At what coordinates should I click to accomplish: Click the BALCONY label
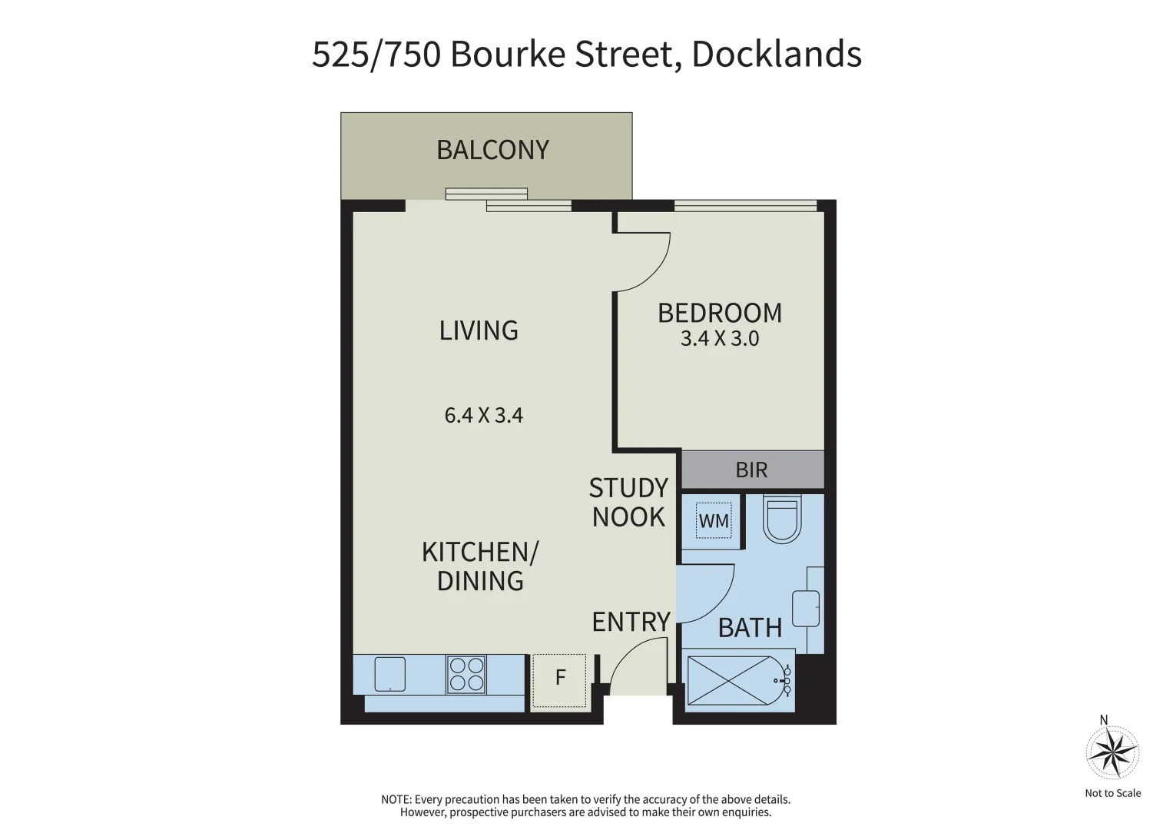pyautogui.click(x=492, y=150)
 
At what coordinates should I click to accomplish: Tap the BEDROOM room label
pyautogui.click(x=720, y=313)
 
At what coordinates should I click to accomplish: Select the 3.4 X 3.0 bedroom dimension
pyautogui.click(x=720, y=338)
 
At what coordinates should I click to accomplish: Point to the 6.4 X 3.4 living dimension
pyautogui.click(x=484, y=416)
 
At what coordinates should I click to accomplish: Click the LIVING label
pyautogui.click(x=479, y=330)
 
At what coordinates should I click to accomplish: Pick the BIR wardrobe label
pyautogui.click(x=751, y=470)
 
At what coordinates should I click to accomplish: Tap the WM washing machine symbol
pyautogui.click(x=714, y=520)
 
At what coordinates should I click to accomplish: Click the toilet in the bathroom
pyautogui.click(x=782, y=519)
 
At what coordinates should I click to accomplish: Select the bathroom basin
pyautogui.click(x=806, y=609)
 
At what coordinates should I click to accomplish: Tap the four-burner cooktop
pyautogui.click(x=466, y=675)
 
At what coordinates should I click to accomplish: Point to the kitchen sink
pyautogui.click(x=390, y=675)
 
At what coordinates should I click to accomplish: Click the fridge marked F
pyautogui.click(x=559, y=680)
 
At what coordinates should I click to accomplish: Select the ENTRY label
pyautogui.click(x=631, y=622)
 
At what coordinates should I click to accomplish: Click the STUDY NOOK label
pyautogui.click(x=628, y=503)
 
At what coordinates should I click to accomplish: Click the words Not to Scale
pyautogui.click(x=1113, y=793)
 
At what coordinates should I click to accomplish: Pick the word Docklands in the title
pyautogui.click(x=777, y=55)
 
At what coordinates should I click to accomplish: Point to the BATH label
pyautogui.click(x=750, y=628)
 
